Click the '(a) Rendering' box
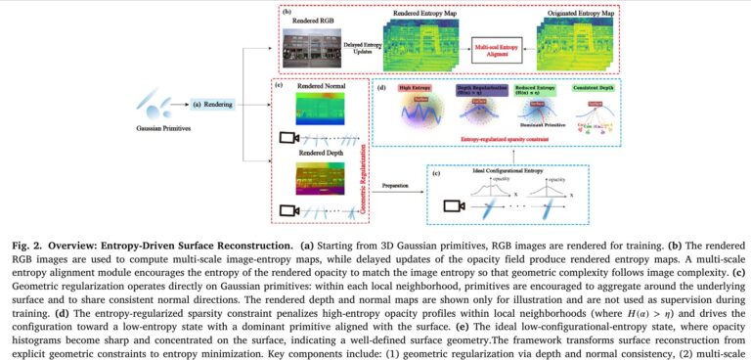pyautogui.click(x=210, y=103)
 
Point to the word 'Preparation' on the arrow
pyautogui.click(x=395, y=184)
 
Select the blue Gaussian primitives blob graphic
pyautogui.click(x=168, y=100)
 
